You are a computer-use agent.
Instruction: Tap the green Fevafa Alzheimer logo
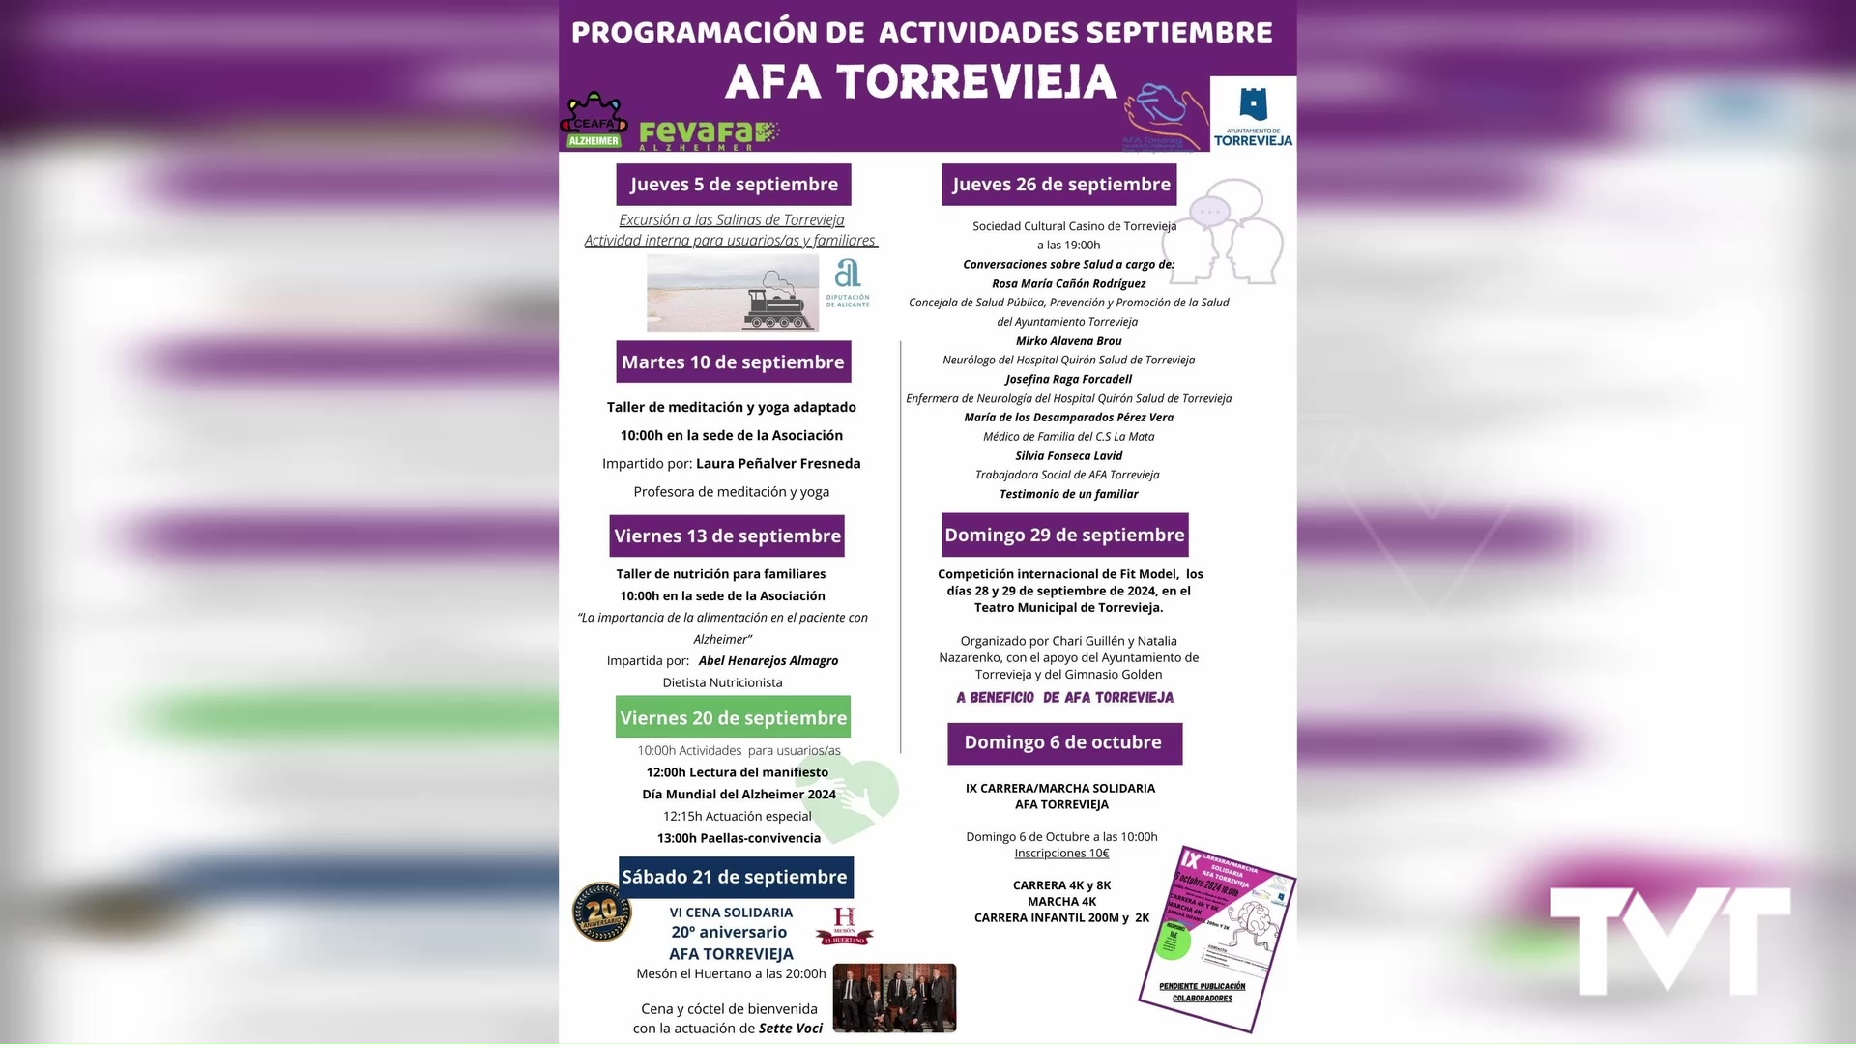709,134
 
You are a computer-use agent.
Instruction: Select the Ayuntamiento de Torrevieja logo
1253,115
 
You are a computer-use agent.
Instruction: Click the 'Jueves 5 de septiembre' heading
734,185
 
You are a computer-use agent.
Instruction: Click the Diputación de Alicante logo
848,283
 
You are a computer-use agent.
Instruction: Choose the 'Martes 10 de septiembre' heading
733,362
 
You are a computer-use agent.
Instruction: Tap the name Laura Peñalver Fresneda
778,464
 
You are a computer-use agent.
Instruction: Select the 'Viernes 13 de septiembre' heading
727,536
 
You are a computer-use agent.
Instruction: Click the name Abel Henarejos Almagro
768,661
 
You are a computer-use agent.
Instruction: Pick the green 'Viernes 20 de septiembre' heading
733,718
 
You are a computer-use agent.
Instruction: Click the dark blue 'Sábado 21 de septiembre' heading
735,878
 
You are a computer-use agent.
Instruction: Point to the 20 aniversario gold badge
602,912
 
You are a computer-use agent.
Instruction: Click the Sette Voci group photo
894,999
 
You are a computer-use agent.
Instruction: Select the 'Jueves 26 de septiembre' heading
1060,185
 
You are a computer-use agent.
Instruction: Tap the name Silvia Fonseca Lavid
1068,456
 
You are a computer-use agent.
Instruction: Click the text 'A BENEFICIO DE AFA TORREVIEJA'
1064,698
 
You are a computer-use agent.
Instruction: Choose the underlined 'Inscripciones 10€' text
1061,854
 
